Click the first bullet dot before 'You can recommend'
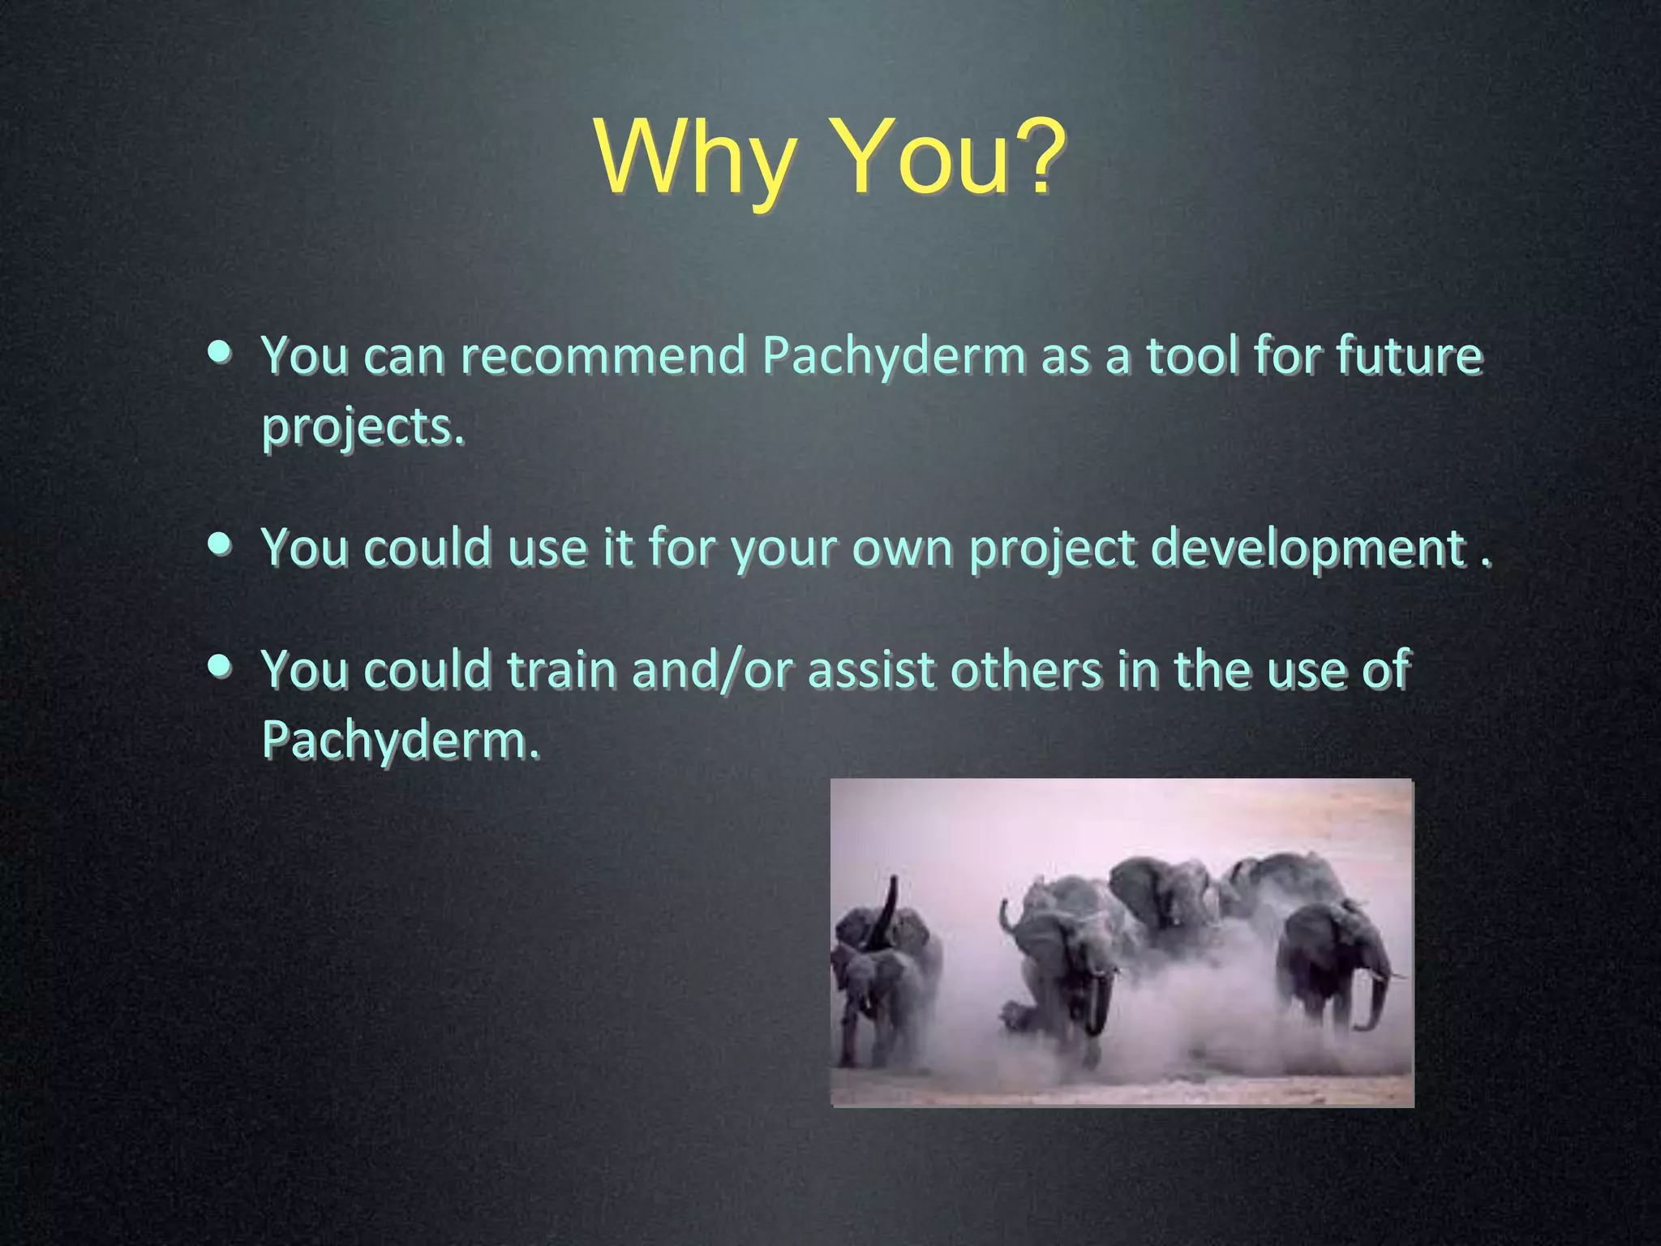click(219, 354)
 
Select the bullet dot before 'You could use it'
click(219, 544)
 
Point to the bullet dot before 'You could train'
click(219, 667)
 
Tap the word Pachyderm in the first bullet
click(894, 357)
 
